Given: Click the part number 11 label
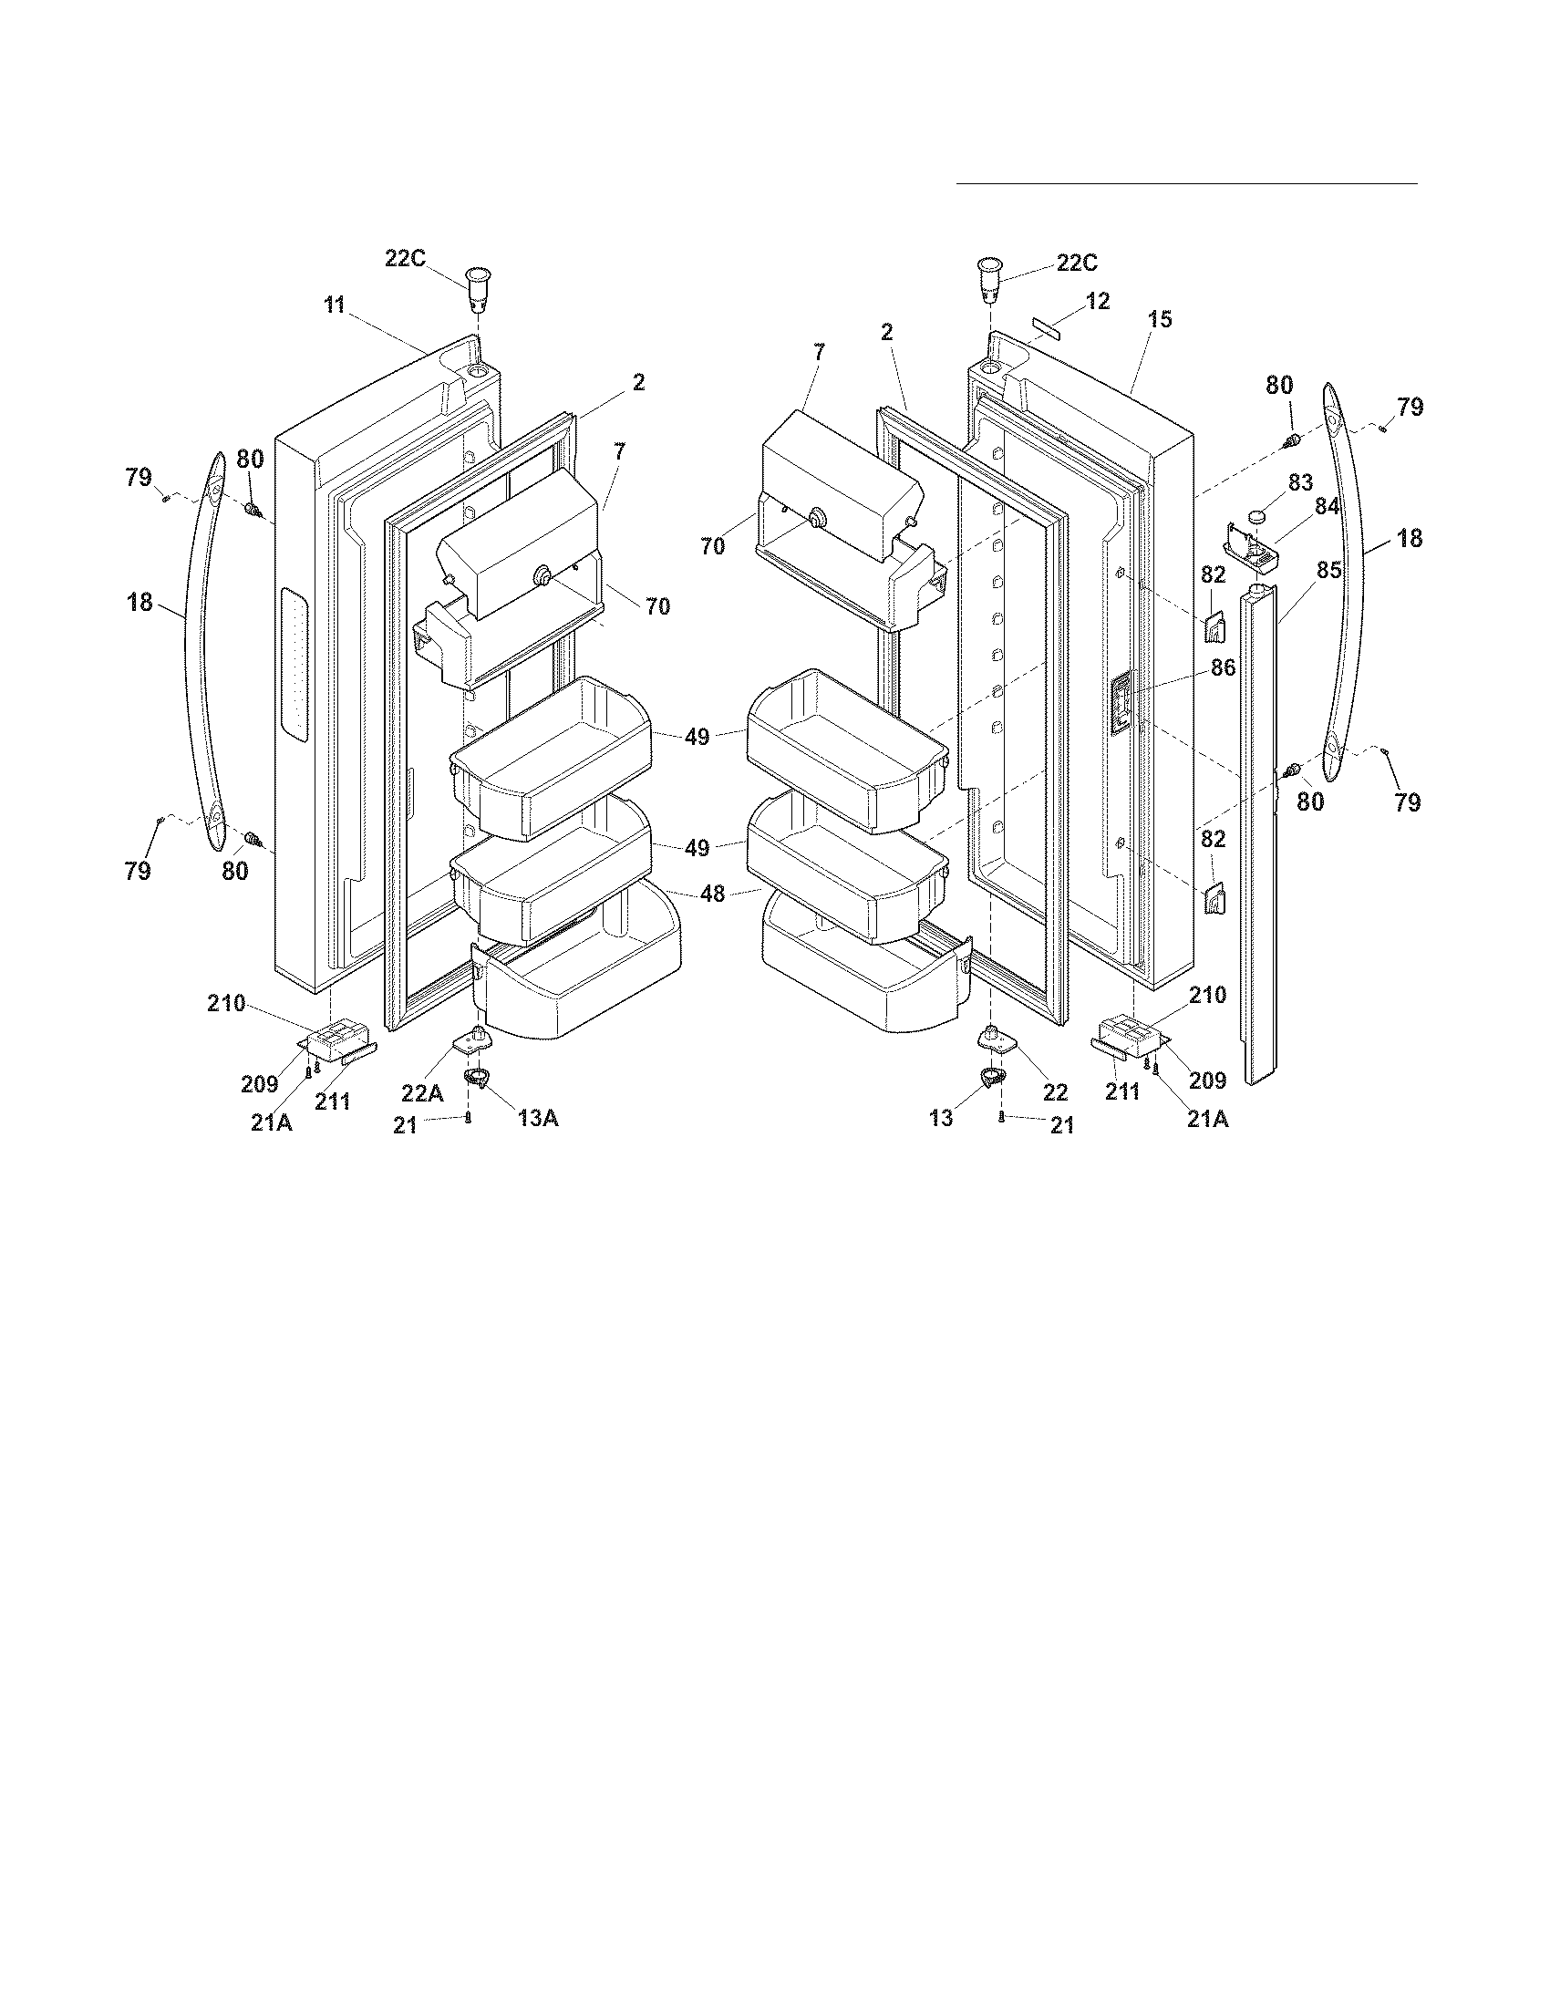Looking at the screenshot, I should (334, 305).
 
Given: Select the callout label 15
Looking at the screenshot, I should (1160, 320).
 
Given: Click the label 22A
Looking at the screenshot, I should (421, 1092).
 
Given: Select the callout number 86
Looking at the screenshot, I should (1222, 667).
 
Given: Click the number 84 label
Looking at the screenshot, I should (1328, 506).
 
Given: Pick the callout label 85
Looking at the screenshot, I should (1328, 571).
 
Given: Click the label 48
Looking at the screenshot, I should (713, 892).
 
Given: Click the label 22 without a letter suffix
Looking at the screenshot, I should (1055, 1092).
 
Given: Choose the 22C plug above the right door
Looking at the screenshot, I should (988, 278).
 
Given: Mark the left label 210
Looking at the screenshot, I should (226, 1004).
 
